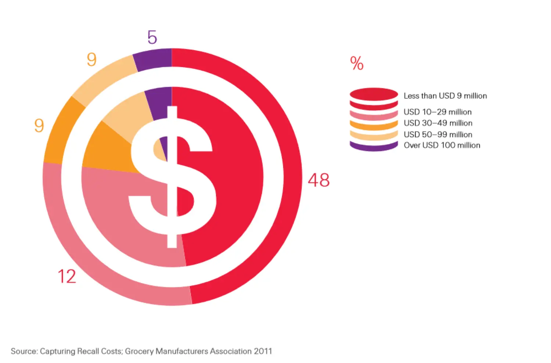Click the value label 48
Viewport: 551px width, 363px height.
pos(318,180)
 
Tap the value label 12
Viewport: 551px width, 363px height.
pos(67,276)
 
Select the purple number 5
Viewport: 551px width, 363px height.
pos(152,37)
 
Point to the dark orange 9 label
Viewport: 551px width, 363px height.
pos(39,126)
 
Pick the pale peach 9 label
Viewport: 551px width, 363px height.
pos(91,60)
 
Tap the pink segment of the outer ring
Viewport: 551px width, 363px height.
pos(92,257)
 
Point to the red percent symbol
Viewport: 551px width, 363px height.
pos(357,63)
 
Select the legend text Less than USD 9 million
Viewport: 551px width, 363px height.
pos(445,96)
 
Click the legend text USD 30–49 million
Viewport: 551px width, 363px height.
pos(438,123)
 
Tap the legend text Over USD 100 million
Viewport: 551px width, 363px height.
pos(442,145)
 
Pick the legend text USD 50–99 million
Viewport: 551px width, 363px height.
pos(438,134)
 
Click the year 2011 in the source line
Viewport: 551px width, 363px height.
pos(263,351)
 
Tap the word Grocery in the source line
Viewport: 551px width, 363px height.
pos(139,351)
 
